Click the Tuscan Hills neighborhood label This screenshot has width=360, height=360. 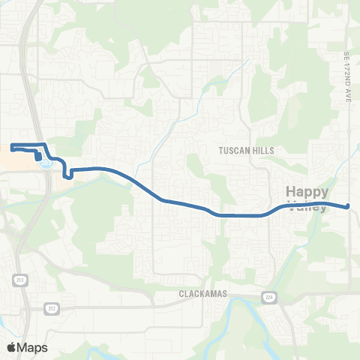click(247, 150)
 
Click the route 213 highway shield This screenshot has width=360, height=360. click(17, 279)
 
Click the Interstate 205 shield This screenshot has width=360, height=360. click(47, 161)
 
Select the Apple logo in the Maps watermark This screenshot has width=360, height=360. click(11, 347)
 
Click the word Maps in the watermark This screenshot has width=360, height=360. click(32, 347)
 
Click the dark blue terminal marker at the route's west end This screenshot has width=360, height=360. click(37, 156)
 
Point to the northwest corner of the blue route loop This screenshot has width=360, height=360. click(12, 144)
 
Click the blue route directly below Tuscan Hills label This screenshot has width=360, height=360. click(247, 216)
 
